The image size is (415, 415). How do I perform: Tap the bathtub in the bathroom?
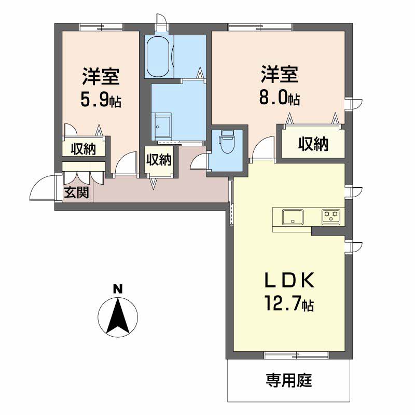point(158,56)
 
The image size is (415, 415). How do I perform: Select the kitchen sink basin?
point(293,217)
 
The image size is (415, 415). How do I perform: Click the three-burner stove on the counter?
point(331,217)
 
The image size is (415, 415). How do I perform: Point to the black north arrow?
point(118,315)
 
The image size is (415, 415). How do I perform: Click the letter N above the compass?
point(118,289)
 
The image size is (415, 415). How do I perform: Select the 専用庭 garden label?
point(289,380)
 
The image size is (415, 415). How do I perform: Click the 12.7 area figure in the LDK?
point(283,303)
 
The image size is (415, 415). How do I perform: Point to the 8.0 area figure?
point(273,98)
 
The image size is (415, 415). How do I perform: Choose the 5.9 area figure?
point(94,100)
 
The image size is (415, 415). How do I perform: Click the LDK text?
point(289,280)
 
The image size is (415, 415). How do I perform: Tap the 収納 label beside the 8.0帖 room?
point(313,144)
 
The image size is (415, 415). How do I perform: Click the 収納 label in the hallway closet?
point(159,160)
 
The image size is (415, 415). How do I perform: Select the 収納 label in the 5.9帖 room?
point(83,149)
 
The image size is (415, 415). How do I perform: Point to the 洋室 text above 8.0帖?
point(280,74)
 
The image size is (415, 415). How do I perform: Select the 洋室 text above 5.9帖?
point(101,76)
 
